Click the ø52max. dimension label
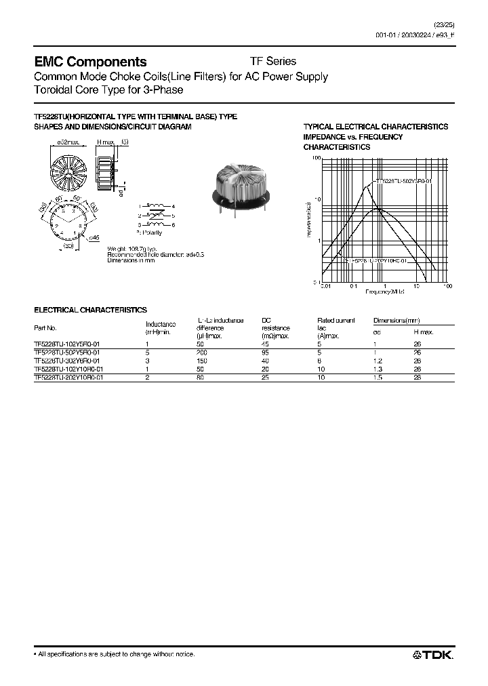67,141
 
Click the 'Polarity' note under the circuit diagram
152,233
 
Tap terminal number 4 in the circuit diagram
174,205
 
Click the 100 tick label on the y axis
316,158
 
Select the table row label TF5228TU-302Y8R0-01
67,361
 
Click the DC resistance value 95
265,352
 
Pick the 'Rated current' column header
335,319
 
